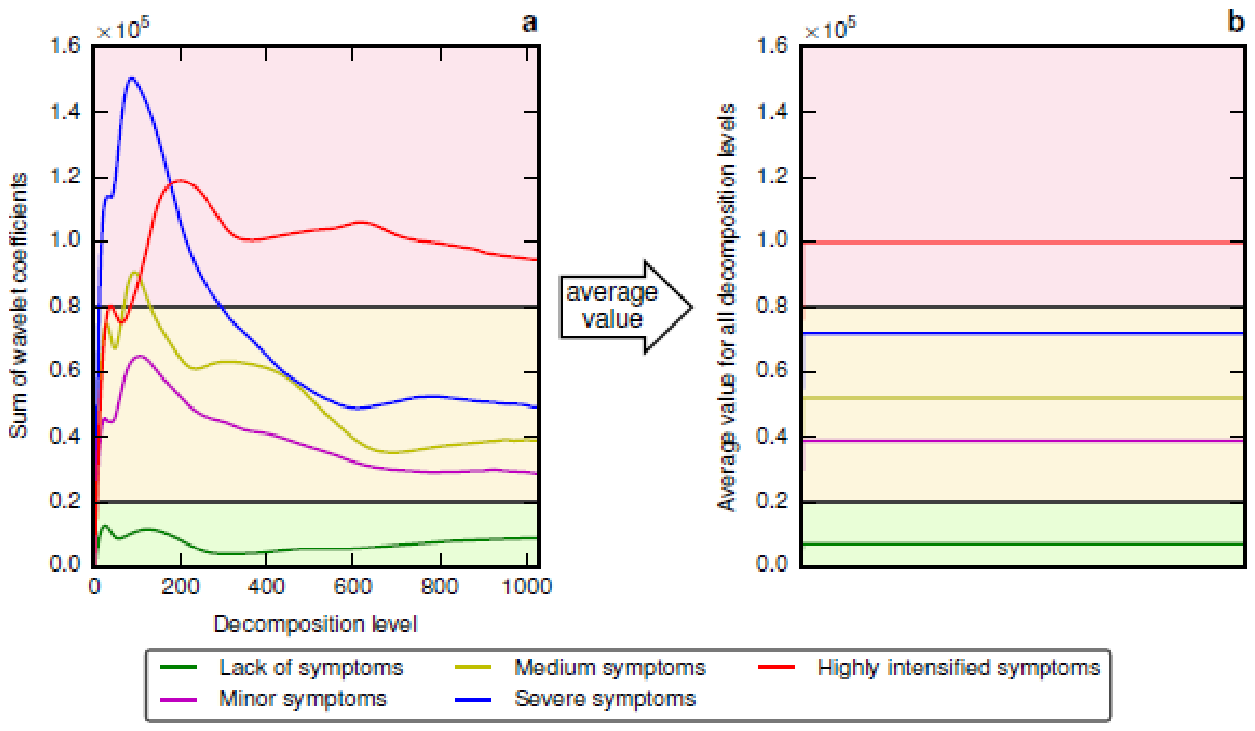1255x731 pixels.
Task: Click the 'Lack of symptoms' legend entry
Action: click(x=281, y=668)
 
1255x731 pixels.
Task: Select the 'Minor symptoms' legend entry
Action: click(x=273, y=699)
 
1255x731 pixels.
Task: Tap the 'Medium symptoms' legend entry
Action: click(x=580, y=668)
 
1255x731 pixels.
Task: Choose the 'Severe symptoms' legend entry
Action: click(x=576, y=699)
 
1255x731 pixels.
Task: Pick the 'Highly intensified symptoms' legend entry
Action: click(x=930, y=668)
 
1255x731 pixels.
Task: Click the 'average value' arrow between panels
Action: click(x=627, y=307)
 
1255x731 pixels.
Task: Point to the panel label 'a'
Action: click(x=529, y=22)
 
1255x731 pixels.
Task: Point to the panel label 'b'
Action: click(x=1235, y=21)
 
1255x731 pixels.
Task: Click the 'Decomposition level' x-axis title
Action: click(x=316, y=624)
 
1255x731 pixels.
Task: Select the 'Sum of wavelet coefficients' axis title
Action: click(x=18, y=305)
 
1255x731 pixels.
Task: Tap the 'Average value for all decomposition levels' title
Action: click(x=726, y=306)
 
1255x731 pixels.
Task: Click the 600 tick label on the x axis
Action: click(x=352, y=587)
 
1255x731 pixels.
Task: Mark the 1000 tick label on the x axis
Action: click(x=527, y=587)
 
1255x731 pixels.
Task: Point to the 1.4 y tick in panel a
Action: click(x=65, y=112)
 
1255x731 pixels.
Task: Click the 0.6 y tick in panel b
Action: click(x=772, y=371)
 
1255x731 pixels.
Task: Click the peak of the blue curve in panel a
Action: click(x=131, y=78)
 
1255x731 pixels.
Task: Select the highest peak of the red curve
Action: click(x=180, y=180)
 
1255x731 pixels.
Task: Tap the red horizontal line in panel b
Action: click(x=1024, y=242)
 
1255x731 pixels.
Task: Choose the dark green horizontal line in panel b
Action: click(x=1024, y=544)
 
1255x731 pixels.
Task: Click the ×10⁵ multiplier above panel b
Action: click(x=830, y=28)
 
